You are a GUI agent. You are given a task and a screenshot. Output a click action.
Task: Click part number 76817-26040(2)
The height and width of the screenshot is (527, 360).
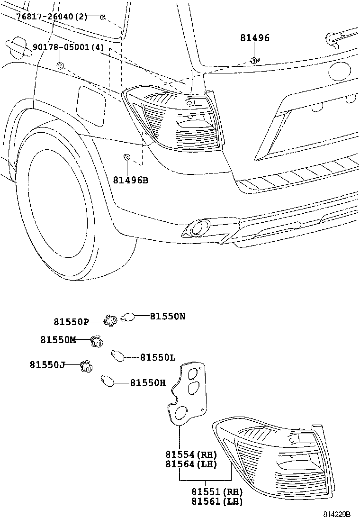pyautogui.click(x=52, y=17)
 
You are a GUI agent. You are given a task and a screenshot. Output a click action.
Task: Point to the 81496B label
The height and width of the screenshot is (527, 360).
pyautogui.click(x=131, y=180)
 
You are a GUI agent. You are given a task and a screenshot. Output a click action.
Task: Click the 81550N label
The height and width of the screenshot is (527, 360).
pyautogui.click(x=168, y=316)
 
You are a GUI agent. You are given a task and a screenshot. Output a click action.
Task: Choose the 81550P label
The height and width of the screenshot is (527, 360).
pyautogui.click(x=71, y=322)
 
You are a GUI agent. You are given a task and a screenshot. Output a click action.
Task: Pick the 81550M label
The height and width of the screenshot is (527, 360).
pyautogui.click(x=58, y=340)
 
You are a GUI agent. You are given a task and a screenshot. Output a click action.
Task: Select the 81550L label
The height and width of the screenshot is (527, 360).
pyautogui.click(x=158, y=357)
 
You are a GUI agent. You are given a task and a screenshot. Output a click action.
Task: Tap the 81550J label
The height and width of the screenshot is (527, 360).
pyautogui.click(x=47, y=364)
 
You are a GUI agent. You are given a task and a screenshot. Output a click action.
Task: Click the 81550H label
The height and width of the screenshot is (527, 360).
pyautogui.click(x=148, y=383)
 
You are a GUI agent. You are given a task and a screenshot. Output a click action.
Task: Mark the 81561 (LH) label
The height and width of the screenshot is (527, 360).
pyautogui.click(x=217, y=501)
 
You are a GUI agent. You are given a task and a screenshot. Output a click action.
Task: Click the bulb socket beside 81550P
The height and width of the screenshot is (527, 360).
pyautogui.click(x=110, y=321)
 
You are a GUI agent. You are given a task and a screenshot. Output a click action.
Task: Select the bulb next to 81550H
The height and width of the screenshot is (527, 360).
pyautogui.click(x=107, y=380)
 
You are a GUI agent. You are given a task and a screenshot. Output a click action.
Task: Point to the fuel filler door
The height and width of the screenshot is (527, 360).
pyautogui.click(x=91, y=105)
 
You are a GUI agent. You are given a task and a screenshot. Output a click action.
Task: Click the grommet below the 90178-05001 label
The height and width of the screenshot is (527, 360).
pyautogui.click(x=60, y=65)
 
